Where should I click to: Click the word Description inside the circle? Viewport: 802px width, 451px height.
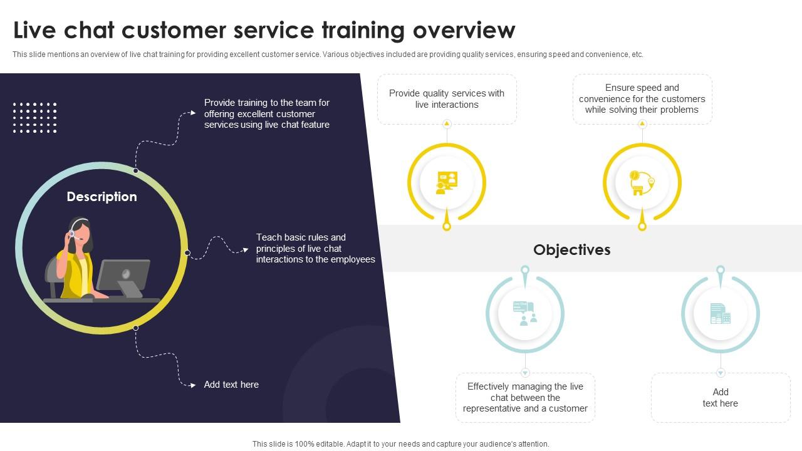tap(102, 197)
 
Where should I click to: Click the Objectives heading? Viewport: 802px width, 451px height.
tap(572, 250)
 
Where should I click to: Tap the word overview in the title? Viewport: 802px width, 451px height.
tap(464, 30)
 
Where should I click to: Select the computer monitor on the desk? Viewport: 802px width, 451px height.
tap(123, 277)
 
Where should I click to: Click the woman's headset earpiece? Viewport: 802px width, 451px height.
tap(72, 234)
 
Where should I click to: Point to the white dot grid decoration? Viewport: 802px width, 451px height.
tap(34, 118)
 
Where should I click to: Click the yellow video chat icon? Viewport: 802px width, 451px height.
tap(447, 183)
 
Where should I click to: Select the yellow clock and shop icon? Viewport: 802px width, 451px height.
tap(642, 183)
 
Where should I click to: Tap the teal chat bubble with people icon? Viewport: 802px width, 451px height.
tap(525, 314)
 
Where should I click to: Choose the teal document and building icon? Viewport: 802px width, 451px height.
tap(721, 314)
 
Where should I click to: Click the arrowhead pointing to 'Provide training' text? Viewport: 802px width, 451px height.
tap(193, 113)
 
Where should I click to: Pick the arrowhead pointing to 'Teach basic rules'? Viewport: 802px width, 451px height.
tap(246, 249)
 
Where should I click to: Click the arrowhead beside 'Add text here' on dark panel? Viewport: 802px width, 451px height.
tap(193, 385)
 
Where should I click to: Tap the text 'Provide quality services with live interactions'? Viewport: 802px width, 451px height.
tap(447, 99)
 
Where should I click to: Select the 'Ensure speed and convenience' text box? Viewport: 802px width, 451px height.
tap(642, 99)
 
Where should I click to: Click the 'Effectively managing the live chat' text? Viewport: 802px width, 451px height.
tap(525, 397)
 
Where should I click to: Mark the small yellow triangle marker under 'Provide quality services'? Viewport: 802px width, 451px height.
tap(447, 124)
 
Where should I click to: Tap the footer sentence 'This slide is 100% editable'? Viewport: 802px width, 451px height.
tap(400, 444)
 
